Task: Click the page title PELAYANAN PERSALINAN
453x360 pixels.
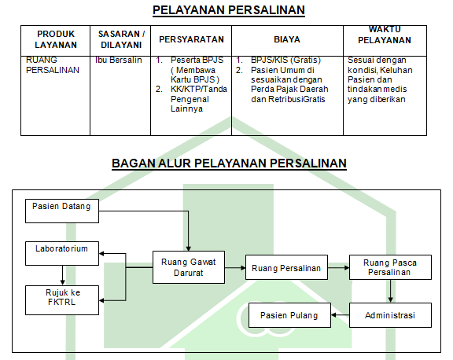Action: point(229,10)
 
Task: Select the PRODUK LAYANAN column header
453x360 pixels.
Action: point(56,39)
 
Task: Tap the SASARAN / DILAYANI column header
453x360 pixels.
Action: point(121,39)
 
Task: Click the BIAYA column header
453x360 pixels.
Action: point(287,39)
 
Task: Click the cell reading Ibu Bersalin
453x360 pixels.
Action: point(119,60)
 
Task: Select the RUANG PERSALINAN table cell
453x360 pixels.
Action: point(52,65)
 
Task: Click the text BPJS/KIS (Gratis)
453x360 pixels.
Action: point(285,60)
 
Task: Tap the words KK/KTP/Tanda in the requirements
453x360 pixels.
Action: point(199,89)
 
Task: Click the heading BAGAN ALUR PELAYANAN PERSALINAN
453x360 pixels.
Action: point(229,163)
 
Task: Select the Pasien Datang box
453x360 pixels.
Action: point(62,211)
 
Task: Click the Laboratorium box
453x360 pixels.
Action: point(62,253)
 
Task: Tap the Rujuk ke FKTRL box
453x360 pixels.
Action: point(62,300)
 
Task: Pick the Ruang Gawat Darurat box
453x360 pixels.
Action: point(189,267)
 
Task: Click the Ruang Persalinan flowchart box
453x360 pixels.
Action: point(286,267)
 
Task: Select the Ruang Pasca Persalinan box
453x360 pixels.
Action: point(390,267)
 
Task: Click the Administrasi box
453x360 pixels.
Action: point(390,315)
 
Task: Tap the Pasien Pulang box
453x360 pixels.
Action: point(289,315)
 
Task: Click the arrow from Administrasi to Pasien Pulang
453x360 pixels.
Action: point(340,315)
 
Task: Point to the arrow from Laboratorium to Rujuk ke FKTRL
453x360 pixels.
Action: point(62,275)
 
